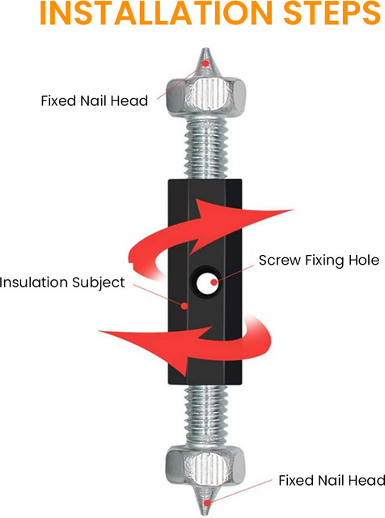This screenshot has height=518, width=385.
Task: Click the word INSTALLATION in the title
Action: pos(156,13)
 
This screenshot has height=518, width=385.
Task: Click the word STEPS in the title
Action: pos(332,13)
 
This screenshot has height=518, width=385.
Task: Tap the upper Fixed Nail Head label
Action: pos(94,100)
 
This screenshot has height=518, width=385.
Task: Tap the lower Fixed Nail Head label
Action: pos(332,480)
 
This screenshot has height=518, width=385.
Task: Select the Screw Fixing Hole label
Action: pos(319,261)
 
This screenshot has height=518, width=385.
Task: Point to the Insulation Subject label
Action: pos(62,282)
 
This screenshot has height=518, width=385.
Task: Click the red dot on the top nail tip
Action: pos(205,63)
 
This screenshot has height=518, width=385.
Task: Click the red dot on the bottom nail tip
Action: pos(207,503)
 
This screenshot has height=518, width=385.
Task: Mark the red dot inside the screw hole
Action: pos(214,282)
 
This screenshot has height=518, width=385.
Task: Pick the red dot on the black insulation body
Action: pos(184,306)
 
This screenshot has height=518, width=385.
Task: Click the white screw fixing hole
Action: pos(206,282)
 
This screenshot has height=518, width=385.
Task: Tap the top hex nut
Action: pos(205,96)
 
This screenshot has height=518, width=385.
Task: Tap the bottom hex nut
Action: pos(205,465)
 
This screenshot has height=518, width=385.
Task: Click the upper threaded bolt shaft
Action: pos(205,148)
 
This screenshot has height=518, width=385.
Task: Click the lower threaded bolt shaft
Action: pos(205,414)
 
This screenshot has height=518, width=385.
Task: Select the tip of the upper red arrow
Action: pos(294,210)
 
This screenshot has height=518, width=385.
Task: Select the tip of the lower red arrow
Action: pos(99,331)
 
